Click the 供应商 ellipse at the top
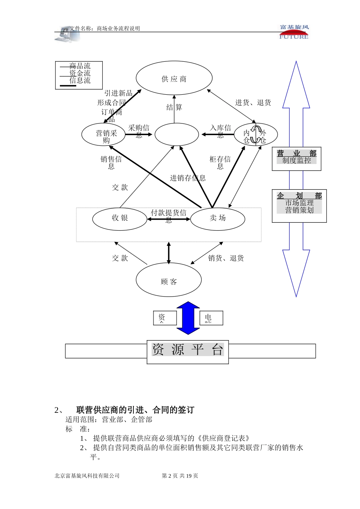coord(174,78)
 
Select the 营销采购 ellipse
coord(104,134)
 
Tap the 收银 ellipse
coord(120,218)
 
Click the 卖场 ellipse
coord(218,218)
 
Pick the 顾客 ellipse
coord(169,281)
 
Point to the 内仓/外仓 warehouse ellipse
coord(255,134)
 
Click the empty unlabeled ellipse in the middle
coord(177,134)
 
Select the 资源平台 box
coord(188,350)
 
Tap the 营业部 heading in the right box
coord(296,153)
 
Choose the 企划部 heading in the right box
coord(299,196)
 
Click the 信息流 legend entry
coord(80,81)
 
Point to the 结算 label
coord(174,108)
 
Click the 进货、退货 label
coord(253,103)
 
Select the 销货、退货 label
coord(226,258)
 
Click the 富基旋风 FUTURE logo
coord(294,32)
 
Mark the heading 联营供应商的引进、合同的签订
coord(135,410)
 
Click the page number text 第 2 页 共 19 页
coord(180,476)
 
